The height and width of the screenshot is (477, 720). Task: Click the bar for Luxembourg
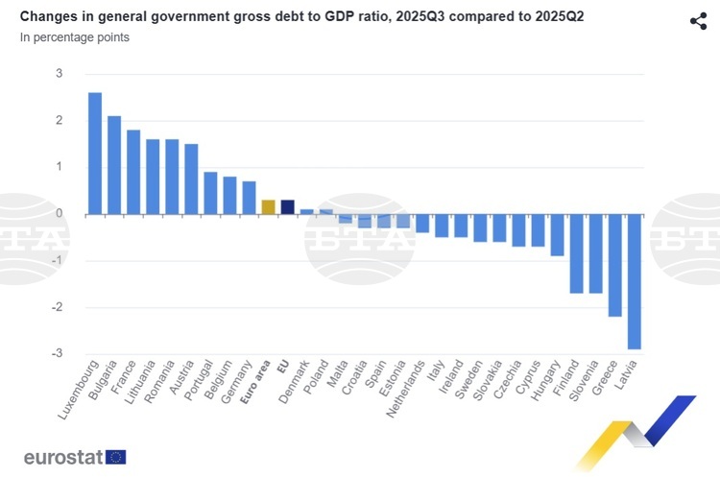click(95, 154)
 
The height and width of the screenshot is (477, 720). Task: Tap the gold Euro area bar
click(268, 206)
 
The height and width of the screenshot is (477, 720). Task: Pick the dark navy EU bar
click(287, 206)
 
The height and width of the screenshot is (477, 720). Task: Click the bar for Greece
click(614, 264)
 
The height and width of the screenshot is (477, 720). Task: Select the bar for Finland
click(576, 252)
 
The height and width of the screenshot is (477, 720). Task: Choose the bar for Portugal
click(210, 193)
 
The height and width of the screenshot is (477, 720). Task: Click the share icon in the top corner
click(698, 21)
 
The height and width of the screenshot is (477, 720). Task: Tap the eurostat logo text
click(63, 457)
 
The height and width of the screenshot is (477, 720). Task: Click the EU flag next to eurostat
click(116, 457)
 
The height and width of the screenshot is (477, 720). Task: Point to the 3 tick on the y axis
click(59, 74)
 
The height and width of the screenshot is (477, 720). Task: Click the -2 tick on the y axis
click(57, 307)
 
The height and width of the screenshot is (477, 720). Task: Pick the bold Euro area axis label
click(255, 384)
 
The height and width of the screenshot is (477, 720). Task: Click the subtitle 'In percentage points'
click(75, 37)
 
